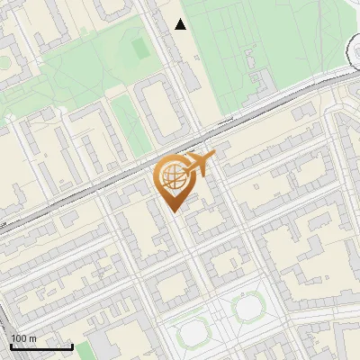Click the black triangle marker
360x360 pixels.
click(181, 24)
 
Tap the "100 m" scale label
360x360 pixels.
click(24, 338)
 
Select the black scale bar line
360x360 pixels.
click(41, 346)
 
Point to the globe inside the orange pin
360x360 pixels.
click(171, 178)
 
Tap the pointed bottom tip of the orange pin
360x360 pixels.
click(174, 211)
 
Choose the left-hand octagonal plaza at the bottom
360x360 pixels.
click(193, 334)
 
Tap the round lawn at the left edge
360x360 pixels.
click(3, 63)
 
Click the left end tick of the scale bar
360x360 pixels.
click(10, 346)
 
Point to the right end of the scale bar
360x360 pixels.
click(73, 346)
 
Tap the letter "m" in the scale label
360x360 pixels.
click(32, 338)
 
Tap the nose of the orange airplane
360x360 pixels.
click(214, 157)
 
